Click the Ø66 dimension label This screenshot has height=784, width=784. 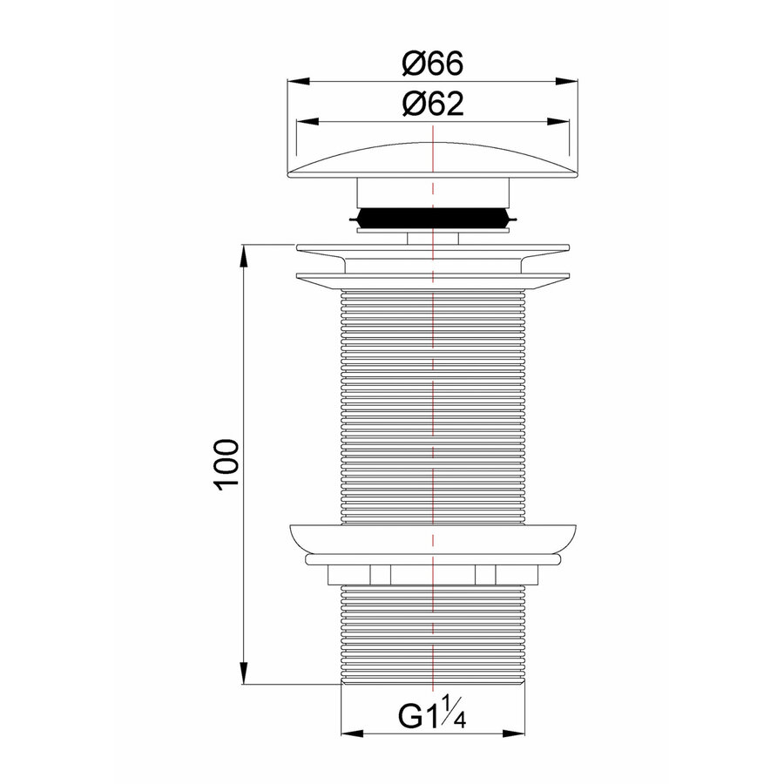tap(433, 64)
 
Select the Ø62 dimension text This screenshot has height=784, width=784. tap(433, 104)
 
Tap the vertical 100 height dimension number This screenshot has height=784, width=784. tap(224, 465)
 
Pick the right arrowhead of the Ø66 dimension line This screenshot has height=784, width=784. tap(571, 83)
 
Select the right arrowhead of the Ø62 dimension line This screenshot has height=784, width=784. tap(563, 122)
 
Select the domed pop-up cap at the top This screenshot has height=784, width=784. tap(433, 162)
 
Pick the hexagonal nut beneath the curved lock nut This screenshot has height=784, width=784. tap(433, 575)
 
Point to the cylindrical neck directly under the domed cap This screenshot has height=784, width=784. tap(433, 193)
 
